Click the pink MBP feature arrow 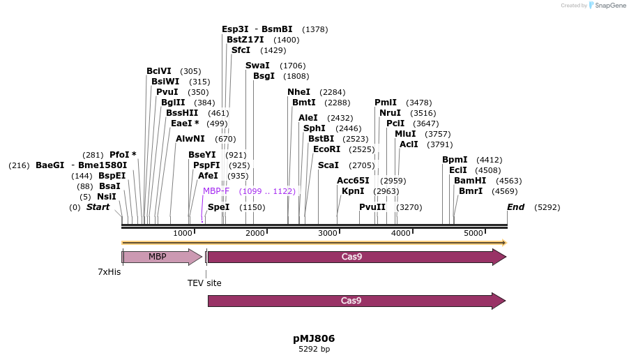point(157,257)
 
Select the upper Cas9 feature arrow point(352,257)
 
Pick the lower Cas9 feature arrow point(352,301)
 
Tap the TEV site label point(204,283)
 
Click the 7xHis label point(109,271)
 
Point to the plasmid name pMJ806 point(314,338)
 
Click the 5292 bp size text point(314,349)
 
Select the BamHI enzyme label point(470,180)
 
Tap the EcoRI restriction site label point(326,149)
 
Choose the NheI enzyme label point(298,91)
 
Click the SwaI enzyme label point(257,66)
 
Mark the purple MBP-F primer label point(216,190)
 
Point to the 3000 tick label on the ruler point(328,232)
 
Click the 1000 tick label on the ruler point(183,232)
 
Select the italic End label point(516,207)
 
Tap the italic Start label point(98,207)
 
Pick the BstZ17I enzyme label point(245,40)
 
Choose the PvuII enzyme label point(372,207)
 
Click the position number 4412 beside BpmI point(489,159)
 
